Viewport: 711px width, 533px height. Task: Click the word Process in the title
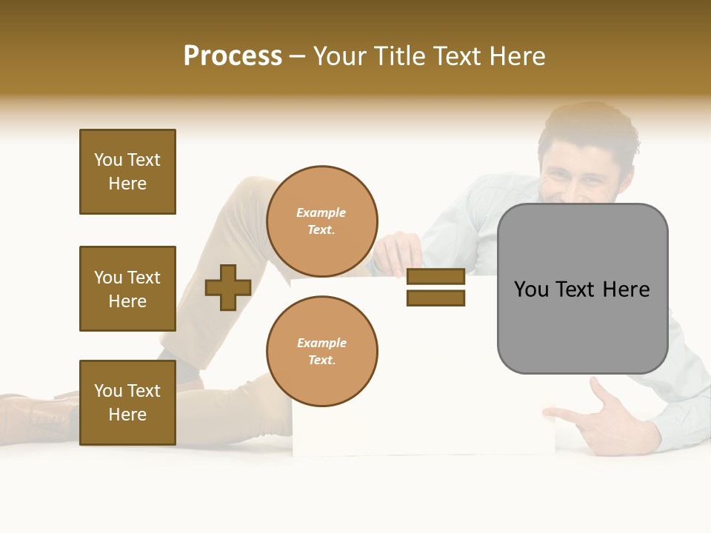233,56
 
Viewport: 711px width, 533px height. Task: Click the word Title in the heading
401,56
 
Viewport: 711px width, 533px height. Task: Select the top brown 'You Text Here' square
127,172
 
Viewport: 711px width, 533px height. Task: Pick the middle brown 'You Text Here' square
127,289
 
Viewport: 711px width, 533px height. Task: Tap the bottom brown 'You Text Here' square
127,403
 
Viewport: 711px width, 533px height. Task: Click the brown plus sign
228,287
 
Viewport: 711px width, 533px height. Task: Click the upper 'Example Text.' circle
321,221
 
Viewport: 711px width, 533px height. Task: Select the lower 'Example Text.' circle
321,351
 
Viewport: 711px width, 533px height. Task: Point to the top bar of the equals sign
435,277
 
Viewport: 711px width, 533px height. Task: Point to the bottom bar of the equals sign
435,298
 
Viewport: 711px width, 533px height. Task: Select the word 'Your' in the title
341,56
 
